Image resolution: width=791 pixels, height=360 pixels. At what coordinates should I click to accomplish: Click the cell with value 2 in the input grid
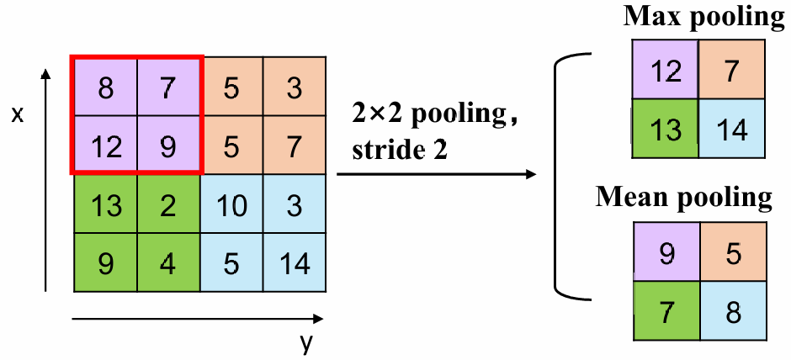click(168, 204)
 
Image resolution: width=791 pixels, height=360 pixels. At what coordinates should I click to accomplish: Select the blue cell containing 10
click(231, 204)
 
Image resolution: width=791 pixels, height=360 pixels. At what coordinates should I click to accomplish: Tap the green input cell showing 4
click(168, 262)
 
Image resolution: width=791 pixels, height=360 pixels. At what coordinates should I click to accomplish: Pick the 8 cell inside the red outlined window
click(105, 87)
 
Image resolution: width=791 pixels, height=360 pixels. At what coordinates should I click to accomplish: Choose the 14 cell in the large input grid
click(294, 262)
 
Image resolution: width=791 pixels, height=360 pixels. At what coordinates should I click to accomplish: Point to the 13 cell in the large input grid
click(105, 204)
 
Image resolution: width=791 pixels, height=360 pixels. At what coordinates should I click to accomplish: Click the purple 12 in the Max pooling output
click(666, 71)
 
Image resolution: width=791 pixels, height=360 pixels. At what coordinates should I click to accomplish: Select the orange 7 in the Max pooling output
click(731, 71)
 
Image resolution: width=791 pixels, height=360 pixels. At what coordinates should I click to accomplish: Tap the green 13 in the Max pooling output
click(666, 130)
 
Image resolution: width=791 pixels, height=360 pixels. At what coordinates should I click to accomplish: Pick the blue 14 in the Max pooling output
click(731, 130)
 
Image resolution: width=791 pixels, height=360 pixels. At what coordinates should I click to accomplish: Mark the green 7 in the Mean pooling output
click(666, 311)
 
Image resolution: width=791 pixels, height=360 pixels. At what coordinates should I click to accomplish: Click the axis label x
click(17, 114)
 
